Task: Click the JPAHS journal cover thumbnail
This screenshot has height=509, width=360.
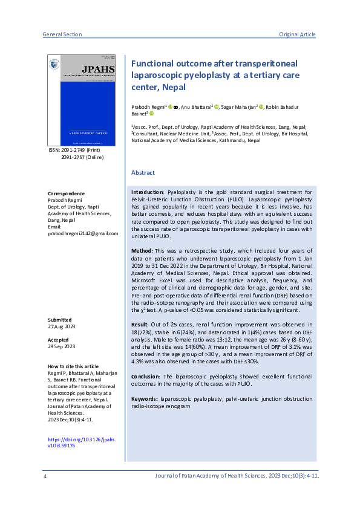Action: pos(84,100)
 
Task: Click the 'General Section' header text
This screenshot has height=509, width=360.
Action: pos(62,34)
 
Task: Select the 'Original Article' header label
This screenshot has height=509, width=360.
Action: pos(297,34)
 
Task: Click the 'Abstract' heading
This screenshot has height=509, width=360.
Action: pos(143,173)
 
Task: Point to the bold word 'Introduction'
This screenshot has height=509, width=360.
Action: pos(148,191)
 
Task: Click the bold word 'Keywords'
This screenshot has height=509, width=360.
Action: pos(145,399)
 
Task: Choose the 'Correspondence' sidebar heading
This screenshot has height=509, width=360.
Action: pos(65,193)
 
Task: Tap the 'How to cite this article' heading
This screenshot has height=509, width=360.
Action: pos(73,366)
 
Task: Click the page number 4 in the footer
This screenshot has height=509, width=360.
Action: pos(45,476)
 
